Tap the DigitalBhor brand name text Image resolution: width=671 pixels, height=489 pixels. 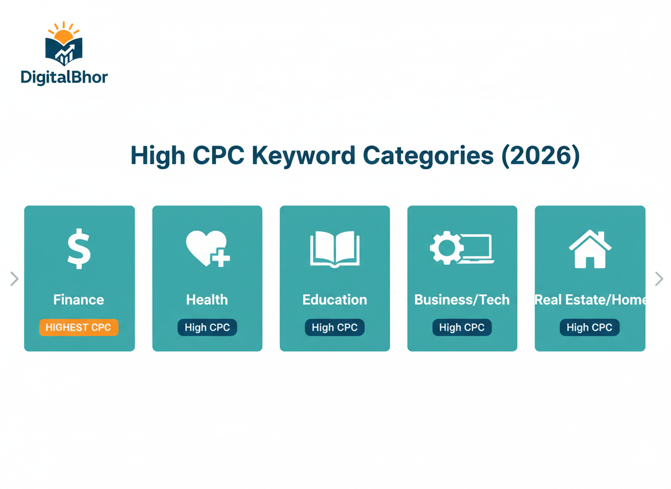pos(64,78)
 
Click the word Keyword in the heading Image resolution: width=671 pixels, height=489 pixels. pos(303,156)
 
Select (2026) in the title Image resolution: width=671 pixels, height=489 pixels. pos(541,156)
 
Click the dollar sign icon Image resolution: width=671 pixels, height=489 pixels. pos(79,248)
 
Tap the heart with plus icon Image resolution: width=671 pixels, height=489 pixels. pos(207,248)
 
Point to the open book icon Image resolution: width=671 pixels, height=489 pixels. pos(334,249)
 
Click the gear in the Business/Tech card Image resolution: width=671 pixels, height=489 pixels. pos(446,248)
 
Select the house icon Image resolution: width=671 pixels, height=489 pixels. pos(590,249)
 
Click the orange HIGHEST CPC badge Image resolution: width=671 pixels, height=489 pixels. pos(79,327)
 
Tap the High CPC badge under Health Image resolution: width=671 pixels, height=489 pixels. pos(207,327)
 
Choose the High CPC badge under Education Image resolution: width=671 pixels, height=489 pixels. pos(334,327)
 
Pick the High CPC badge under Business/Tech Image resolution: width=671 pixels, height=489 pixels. pos(462,327)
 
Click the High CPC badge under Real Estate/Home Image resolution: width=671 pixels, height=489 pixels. pos(589,327)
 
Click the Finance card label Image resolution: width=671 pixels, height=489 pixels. pos(79,299)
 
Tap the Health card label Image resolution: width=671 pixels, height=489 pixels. pos(207,299)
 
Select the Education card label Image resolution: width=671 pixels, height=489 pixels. pos(334,299)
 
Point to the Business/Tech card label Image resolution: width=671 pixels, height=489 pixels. pos(462,299)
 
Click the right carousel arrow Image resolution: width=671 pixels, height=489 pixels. pos(659,278)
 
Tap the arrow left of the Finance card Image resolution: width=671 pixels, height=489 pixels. pos(14,278)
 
